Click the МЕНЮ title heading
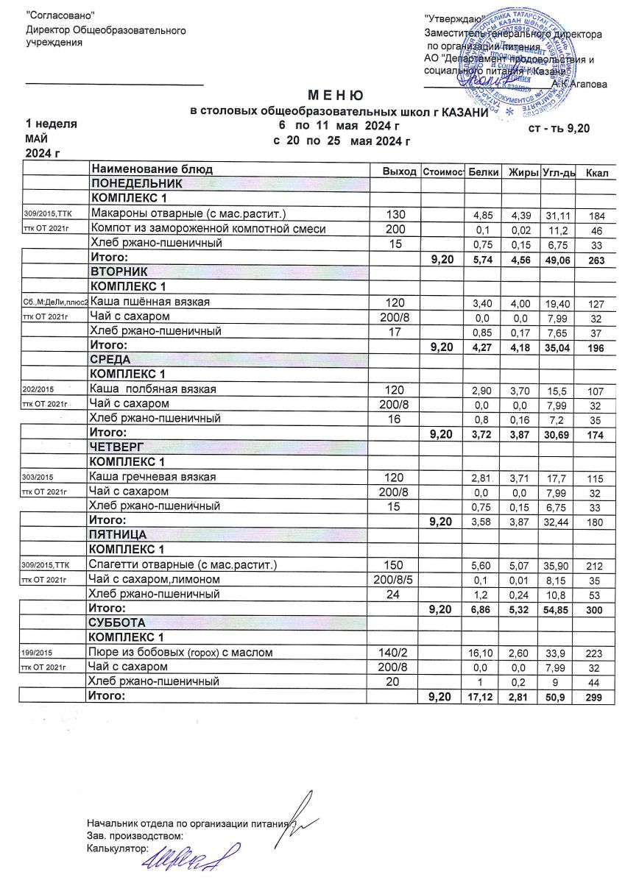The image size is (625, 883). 335,96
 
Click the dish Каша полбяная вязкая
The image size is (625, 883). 152,389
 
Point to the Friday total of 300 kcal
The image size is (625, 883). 596,610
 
